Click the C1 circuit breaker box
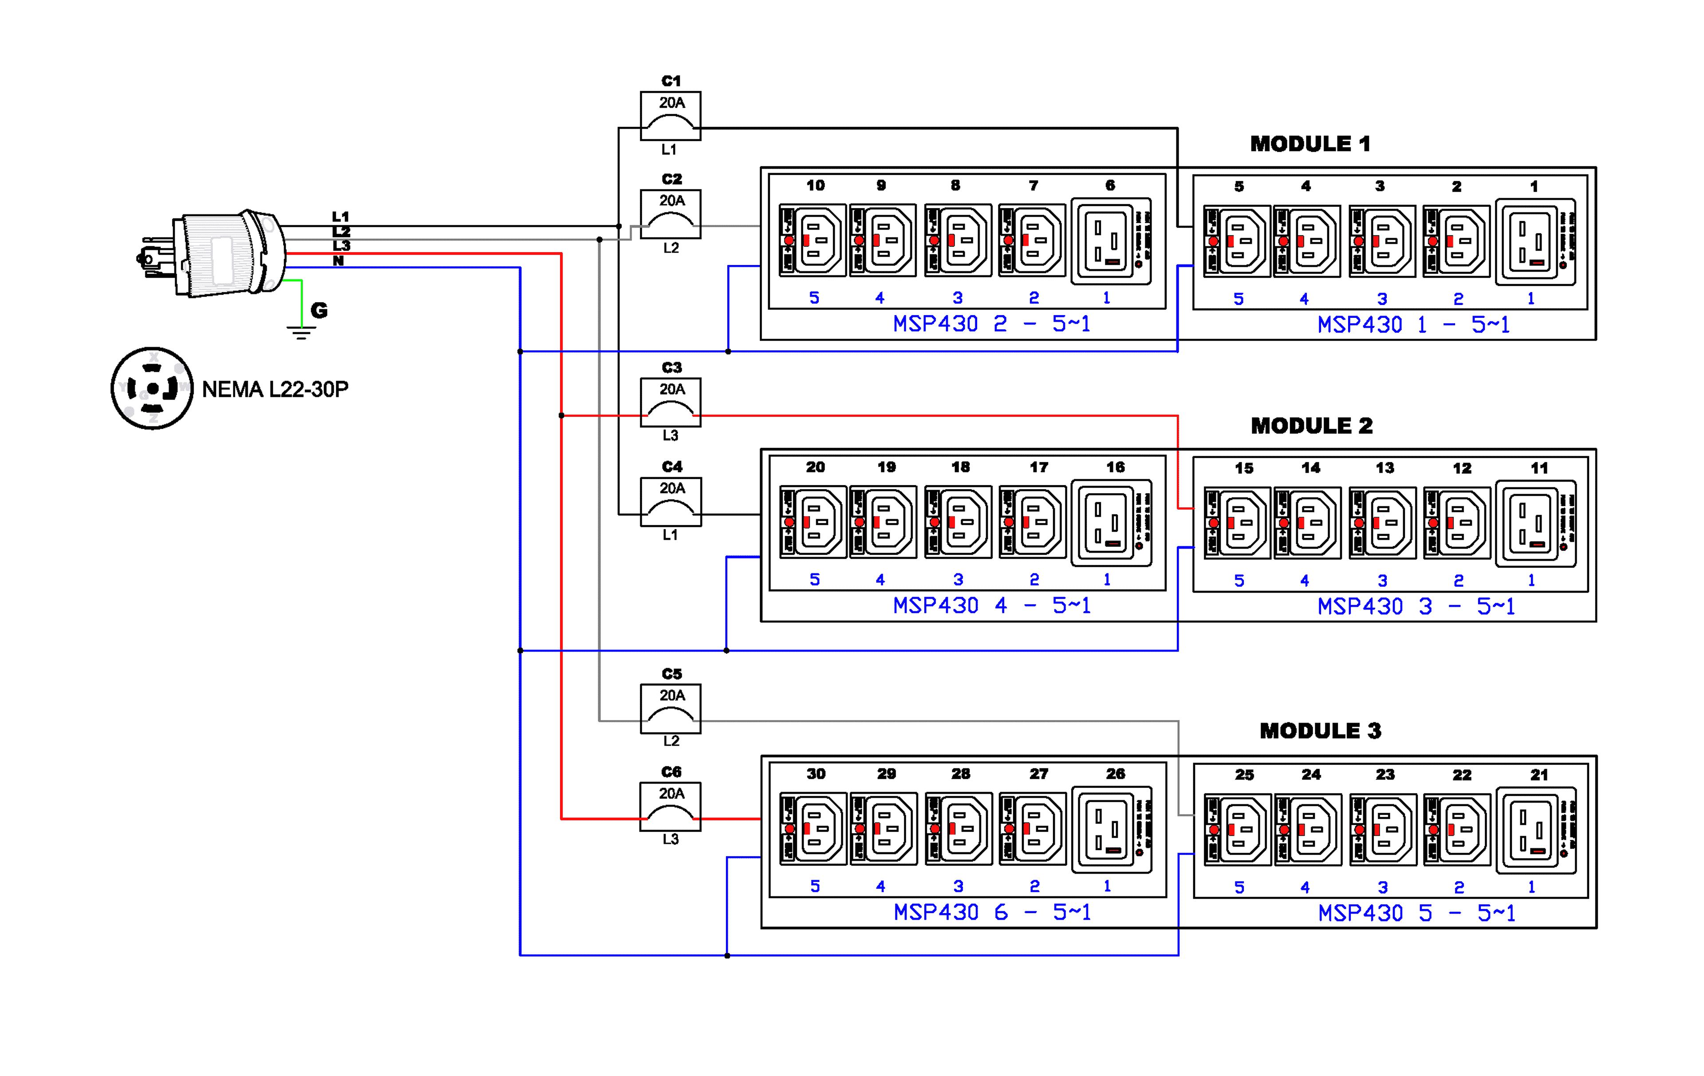(670, 115)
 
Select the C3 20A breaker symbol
(670, 402)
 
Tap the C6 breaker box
(670, 806)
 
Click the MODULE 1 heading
(1310, 144)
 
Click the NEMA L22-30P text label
(275, 389)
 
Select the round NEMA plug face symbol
(152, 388)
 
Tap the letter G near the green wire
(319, 310)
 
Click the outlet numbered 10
(813, 240)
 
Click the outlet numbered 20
(813, 522)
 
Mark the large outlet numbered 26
(1112, 829)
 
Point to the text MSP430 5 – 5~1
(1416, 913)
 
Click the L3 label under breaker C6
(670, 839)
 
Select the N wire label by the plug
(338, 261)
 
